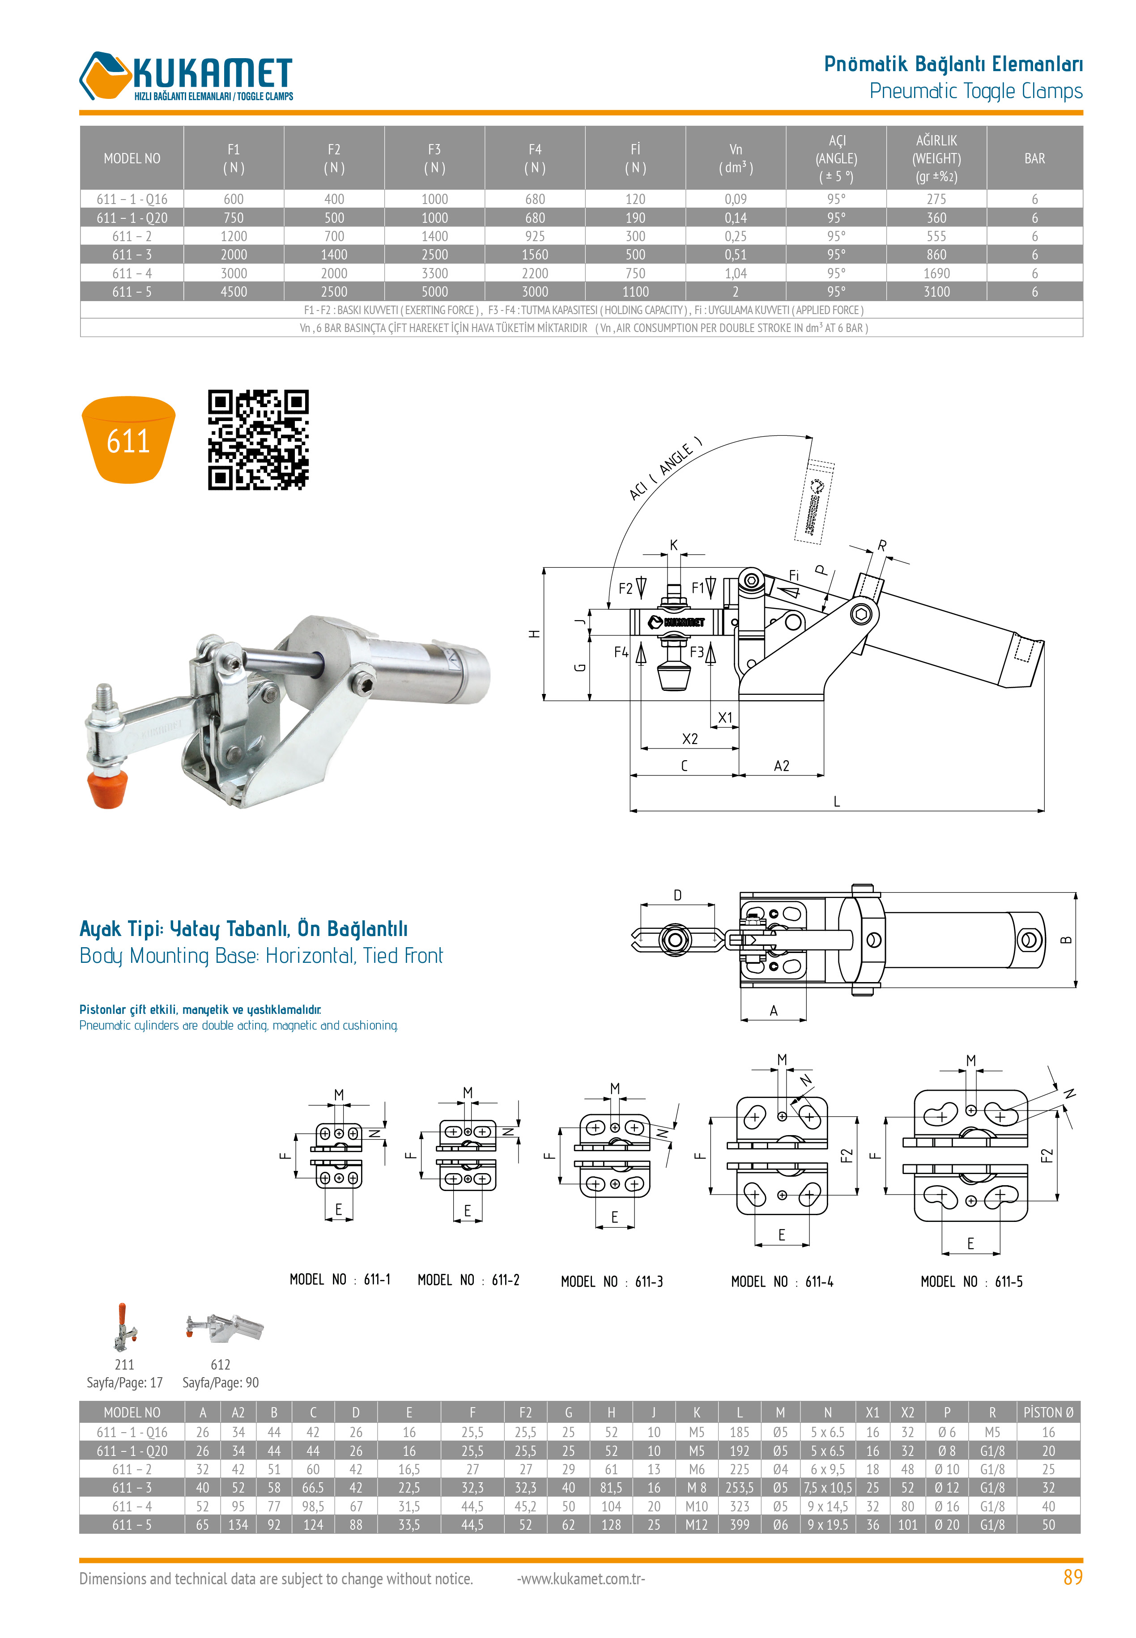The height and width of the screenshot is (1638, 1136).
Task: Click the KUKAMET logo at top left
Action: [x=187, y=76]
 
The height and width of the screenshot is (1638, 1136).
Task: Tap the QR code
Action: [x=258, y=440]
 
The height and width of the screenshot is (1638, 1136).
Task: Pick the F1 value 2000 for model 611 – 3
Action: [x=234, y=255]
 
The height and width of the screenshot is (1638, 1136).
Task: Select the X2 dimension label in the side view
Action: [x=690, y=739]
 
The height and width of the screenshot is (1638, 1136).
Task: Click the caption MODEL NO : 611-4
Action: [x=782, y=1281]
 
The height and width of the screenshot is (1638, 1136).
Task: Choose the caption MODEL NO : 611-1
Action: [x=340, y=1279]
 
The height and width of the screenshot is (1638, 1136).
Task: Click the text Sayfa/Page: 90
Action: [x=221, y=1383]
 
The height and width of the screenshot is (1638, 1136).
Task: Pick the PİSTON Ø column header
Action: [x=1048, y=1413]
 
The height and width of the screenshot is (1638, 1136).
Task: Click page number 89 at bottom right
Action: [x=1072, y=1578]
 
